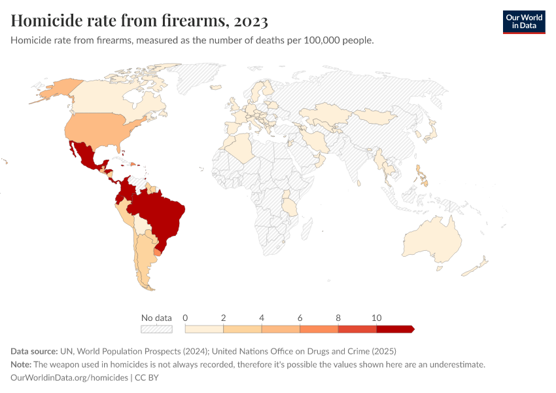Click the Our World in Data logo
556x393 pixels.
coord(523,22)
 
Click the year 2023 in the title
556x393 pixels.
coord(249,21)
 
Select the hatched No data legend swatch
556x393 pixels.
coord(156,329)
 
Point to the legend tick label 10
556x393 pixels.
coord(376,318)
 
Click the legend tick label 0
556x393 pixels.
coord(186,318)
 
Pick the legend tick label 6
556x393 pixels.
coord(300,318)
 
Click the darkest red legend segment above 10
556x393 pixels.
coord(394,329)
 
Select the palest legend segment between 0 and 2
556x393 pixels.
coord(204,329)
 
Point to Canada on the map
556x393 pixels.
coord(105,98)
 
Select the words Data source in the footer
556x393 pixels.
coord(34,351)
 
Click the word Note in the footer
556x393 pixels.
coord(20,364)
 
